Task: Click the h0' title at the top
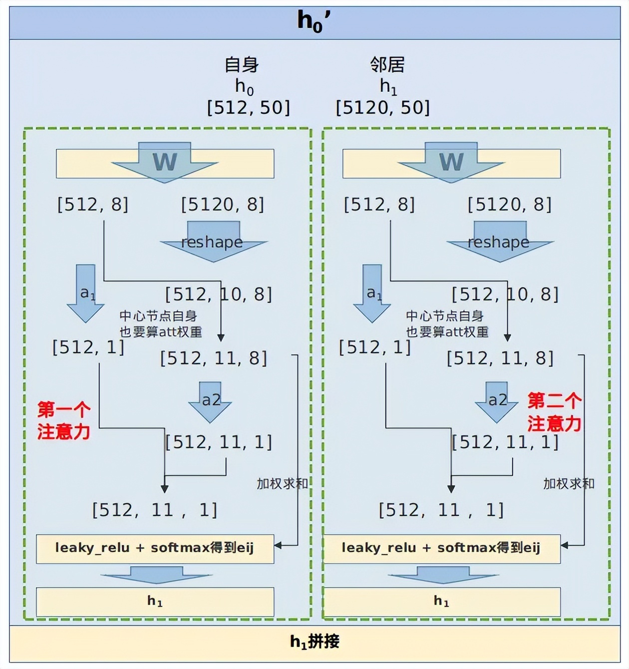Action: [314, 22]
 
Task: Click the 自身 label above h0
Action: [242, 65]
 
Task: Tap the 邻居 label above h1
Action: [387, 65]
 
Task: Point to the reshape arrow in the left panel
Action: [213, 242]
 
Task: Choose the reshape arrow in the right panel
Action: [500, 242]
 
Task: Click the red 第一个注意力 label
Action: [64, 420]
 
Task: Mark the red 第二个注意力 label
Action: [554, 412]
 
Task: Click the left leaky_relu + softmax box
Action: [155, 549]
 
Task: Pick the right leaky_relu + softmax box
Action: [442, 549]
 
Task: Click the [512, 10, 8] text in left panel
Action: [219, 294]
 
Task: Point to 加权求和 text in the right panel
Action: [569, 483]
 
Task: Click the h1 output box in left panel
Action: [155, 602]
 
